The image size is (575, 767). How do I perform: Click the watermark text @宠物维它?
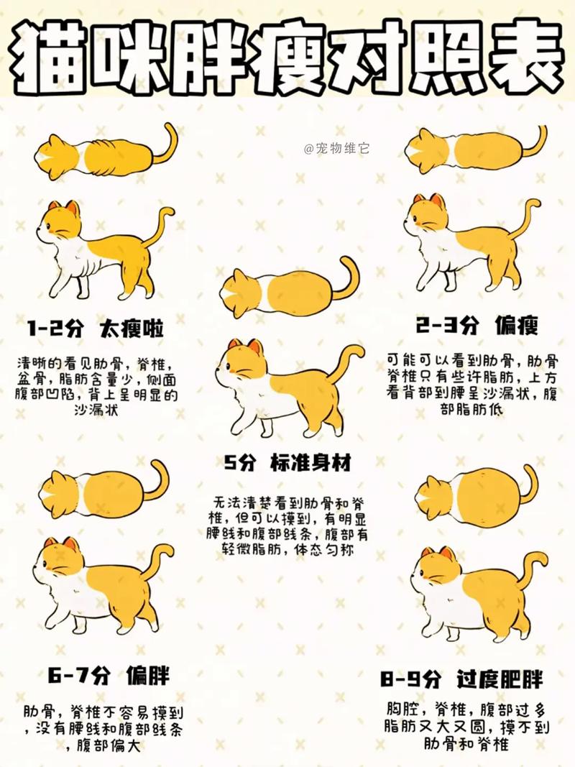click(337, 149)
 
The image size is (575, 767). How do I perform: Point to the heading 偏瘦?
click(515, 326)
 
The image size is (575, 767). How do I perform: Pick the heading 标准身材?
click(311, 463)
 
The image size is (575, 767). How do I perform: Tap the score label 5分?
click(239, 463)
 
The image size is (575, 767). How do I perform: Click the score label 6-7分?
click(79, 675)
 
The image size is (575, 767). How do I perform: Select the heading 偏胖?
click(147, 675)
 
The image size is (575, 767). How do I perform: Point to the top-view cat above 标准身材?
click(287, 290)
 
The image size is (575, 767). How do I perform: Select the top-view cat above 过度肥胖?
click(474, 494)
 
